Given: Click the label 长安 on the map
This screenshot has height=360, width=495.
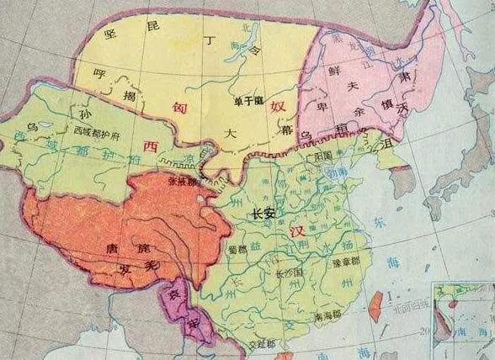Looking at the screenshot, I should [263, 215].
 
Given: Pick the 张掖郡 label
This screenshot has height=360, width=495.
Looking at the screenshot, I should [183, 180].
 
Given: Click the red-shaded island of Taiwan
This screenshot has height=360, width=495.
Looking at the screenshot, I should [376, 299].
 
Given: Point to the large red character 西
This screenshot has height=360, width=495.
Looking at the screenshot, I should [150, 146].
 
